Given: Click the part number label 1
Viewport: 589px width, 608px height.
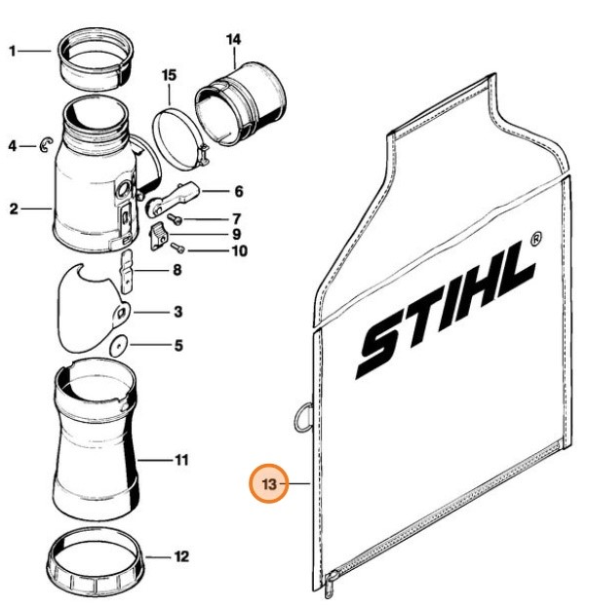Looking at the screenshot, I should [x=14, y=50].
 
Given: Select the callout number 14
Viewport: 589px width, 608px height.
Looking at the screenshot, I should [x=233, y=39].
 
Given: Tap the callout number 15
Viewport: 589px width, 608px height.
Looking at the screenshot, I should [x=169, y=74].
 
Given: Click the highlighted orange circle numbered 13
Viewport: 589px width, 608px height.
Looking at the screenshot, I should [x=270, y=482].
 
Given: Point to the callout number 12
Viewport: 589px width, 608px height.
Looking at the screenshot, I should [x=181, y=558].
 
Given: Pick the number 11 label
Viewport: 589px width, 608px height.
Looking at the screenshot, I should [x=181, y=459].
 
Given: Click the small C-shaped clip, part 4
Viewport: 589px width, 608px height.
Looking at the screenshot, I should [x=45, y=147].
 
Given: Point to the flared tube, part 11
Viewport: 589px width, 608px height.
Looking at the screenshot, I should [x=96, y=438].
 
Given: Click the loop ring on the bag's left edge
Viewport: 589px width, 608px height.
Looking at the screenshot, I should [x=301, y=416].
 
